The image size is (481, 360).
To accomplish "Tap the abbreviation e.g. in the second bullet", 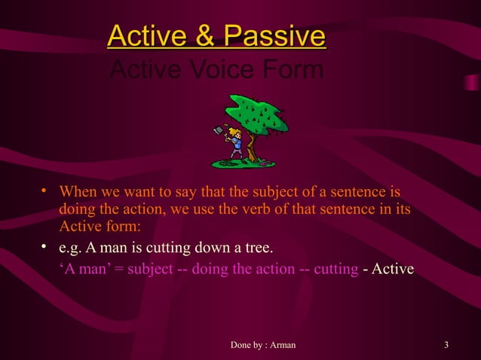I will [x=70, y=249].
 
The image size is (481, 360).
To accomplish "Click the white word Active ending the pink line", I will [x=393, y=270].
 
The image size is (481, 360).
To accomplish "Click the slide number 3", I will [x=447, y=346].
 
